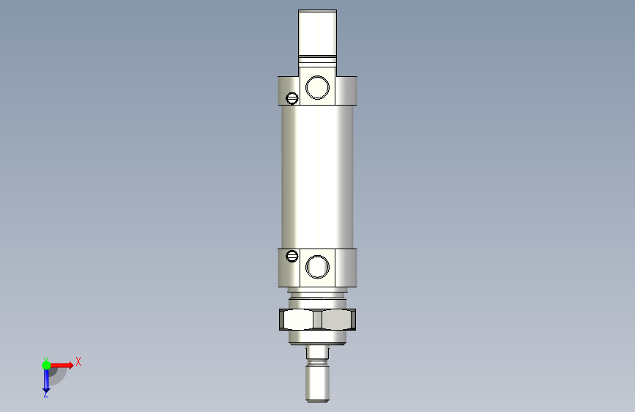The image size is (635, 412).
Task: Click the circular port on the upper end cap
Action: tap(317, 87)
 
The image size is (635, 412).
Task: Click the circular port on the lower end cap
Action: tap(317, 267)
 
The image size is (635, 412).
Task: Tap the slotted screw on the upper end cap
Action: tap(292, 98)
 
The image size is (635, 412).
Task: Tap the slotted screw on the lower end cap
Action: tap(292, 256)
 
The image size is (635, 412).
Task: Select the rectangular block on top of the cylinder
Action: tap(318, 32)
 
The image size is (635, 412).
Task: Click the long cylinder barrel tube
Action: tap(318, 177)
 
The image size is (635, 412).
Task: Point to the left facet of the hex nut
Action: tap(299, 320)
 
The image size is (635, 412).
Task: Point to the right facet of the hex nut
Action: tap(336, 320)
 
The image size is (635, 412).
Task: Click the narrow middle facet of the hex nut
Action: tap(318, 320)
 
